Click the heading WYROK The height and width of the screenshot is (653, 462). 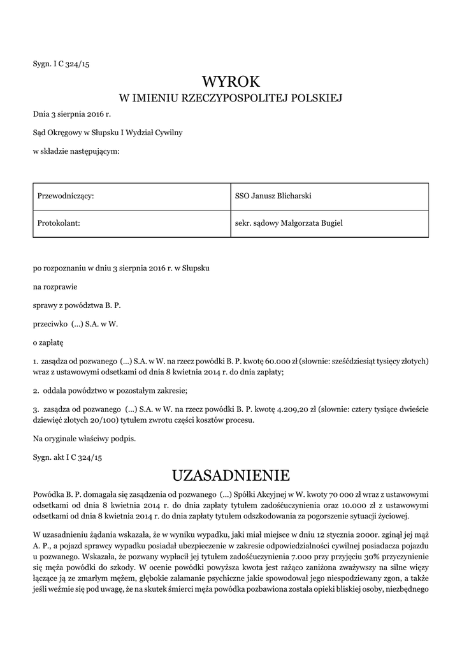point(231,82)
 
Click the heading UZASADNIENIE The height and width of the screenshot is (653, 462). point(231,475)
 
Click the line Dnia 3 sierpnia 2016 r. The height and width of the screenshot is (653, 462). point(71,115)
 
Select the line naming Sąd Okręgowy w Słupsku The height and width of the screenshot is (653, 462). point(108,133)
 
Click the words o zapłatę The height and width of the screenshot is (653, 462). point(48,342)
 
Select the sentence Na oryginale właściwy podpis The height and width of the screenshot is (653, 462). point(84,438)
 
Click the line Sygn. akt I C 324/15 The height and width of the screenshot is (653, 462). point(68,457)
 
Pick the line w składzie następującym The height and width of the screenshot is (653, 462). point(76,150)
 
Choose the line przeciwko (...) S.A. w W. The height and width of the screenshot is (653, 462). point(76,324)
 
